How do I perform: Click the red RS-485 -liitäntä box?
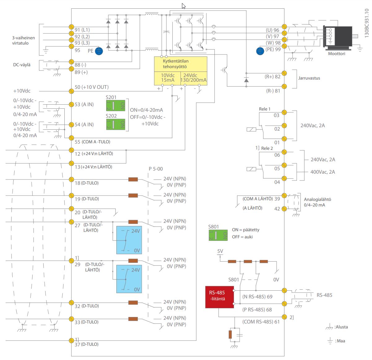(x=219, y=297)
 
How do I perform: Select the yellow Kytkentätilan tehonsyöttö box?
(x=180, y=71)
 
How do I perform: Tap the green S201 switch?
(x=115, y=106)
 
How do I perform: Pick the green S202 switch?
(x=115, y=124)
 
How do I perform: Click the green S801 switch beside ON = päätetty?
(x=218, y=235)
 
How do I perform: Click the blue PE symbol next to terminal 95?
(x=99, y=51)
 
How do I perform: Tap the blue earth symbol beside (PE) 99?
(x=260, y=51)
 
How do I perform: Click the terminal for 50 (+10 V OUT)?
(x=71, y=91)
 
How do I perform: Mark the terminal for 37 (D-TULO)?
(x=71, y=340)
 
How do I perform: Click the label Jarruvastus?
(x=309, y=78)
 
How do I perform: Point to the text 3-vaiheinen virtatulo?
(x=24, y=41)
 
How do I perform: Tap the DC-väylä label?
(x=22, y=65)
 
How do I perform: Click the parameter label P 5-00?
(x=156, y=169)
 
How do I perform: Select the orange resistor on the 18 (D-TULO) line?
(x=133, y=179)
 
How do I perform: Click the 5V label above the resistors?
(x=220, y=251)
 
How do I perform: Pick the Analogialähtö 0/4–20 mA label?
(x=317, y=202)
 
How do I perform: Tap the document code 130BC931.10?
(x=366, y=23)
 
